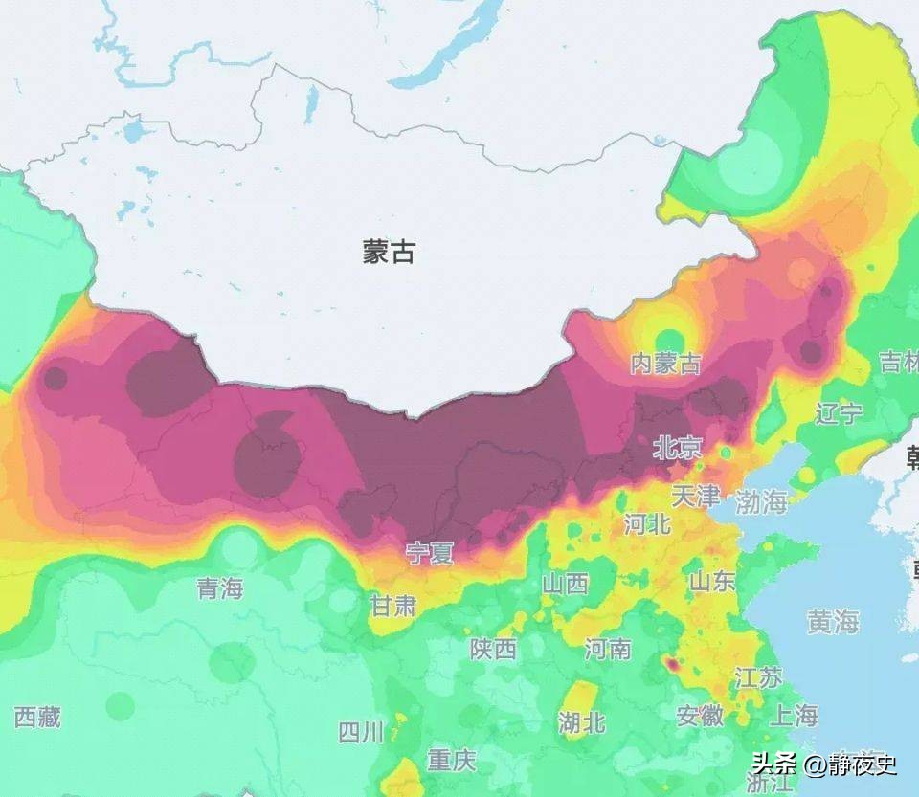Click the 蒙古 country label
(389, 252)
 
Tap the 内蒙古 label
(665, 364)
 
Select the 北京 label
(677, 447)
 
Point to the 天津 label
(695, 496)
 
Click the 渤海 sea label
(761, 500)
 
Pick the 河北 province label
(647, 523)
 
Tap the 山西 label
(565, 583)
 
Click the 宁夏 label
(430, 553)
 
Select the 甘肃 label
(393, 605)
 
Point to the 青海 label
(220, 588)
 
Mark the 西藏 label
(37, 717)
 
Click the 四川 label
(361, 733)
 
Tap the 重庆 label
(451, 761)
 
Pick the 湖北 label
(582, 722)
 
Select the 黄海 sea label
(832, 622)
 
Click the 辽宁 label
(840, 413)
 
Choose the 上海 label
(794, 715)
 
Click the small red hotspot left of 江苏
(671, 662)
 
